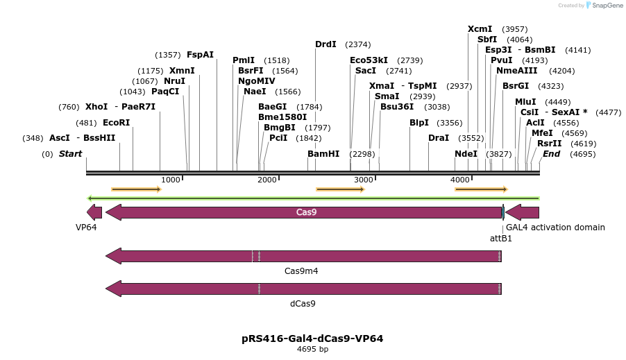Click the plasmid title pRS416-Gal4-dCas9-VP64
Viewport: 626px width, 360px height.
pos(312,338)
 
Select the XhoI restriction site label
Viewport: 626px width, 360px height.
pos(96,107)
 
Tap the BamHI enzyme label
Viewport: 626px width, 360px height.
pos(323,153)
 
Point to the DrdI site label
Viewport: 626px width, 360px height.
pos(325,44)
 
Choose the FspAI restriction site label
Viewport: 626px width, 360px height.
pos(200,55)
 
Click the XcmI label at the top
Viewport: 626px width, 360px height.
pos(480,29)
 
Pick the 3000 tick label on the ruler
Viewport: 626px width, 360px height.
pos(364,180)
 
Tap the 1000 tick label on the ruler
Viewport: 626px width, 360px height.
pos(171,180)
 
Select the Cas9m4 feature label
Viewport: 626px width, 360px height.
pos(301,271)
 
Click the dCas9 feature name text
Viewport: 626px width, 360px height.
pos(303,303)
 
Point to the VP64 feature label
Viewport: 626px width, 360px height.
pos(86,228)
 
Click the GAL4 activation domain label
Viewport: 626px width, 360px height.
pos(555,228)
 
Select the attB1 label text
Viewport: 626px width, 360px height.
pos(501,238)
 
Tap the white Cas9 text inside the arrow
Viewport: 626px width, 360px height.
pos(306,212)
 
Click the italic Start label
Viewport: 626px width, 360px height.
pos(70,153)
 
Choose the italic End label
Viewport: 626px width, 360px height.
pos(551,153)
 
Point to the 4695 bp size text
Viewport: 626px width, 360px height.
pos(312,350)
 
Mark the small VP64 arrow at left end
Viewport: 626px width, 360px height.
pos(94,212)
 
